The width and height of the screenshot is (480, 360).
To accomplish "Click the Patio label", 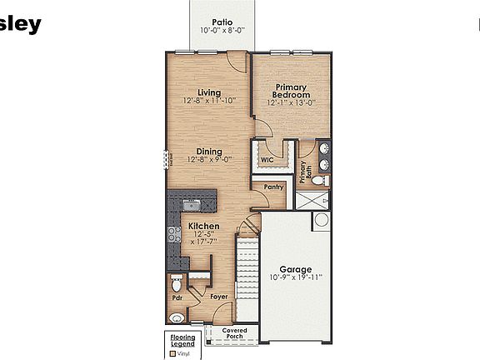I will (221, 22).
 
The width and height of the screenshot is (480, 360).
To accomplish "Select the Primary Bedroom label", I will (289, 91).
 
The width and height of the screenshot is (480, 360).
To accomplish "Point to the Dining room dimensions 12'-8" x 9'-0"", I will (209, 159).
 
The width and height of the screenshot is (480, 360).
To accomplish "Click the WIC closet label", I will (267, 159).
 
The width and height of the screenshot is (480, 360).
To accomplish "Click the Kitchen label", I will (202, 227).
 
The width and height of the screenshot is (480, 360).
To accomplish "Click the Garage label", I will (295, 269).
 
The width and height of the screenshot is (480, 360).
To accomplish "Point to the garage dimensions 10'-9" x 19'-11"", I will (295, 277).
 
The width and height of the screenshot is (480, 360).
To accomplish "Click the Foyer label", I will (218, 296).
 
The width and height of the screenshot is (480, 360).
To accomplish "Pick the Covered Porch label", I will (240, 333).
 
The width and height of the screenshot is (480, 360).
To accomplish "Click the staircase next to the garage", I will (247, 267).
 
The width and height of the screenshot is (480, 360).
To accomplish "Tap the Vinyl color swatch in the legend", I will (172, 352).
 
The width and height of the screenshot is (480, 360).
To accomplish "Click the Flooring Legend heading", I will (182, 340).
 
